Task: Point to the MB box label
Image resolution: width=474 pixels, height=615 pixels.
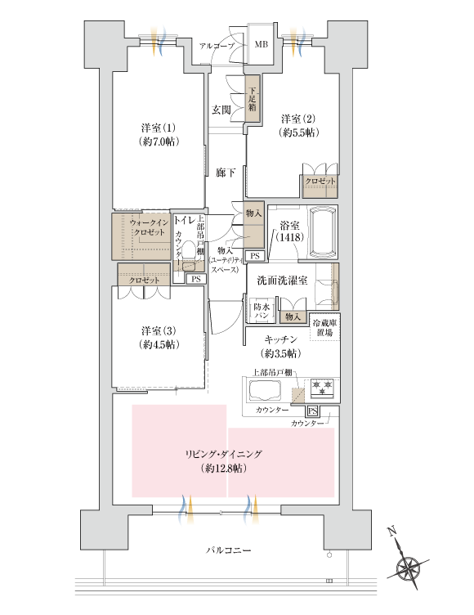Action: [x=262, y=44]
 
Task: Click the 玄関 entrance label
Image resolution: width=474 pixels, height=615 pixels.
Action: [x=221, y=110]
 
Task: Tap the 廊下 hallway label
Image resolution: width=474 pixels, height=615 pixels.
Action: [x=226, y=173]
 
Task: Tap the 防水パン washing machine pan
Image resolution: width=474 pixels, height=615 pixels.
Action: [x=262, y=310]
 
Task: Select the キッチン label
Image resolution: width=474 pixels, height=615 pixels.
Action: [x=279, y=346]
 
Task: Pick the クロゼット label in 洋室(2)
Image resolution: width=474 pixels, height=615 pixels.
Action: [x=319, y=181]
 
